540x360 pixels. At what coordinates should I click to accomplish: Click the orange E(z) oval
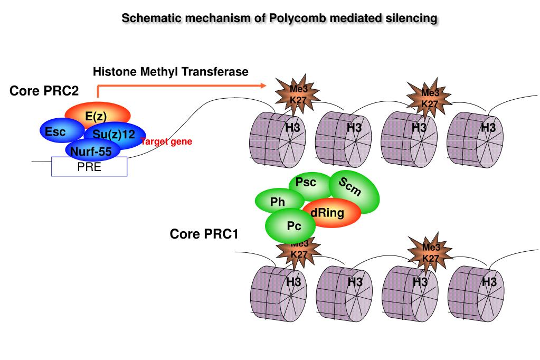click(97, 115)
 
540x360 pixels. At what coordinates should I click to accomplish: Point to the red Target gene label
click(166, 141)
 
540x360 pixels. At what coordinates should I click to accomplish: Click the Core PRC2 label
click(44, 91)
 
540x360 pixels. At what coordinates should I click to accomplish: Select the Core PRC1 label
click(204, 234)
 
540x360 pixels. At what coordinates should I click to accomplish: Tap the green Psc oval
click(307, 183)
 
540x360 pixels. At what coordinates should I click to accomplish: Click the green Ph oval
click(278, 202)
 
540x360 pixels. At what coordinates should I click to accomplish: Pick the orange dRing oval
click(333, 213)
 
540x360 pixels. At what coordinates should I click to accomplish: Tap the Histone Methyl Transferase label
click(170, 72)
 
